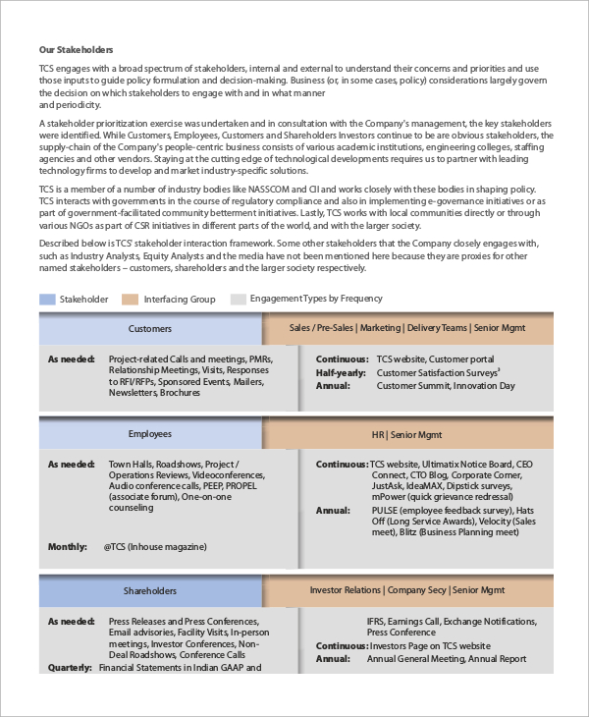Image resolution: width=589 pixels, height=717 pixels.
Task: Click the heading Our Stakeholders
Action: click(76, 49)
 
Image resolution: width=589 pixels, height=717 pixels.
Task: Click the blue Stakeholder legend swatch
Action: click(47, 299)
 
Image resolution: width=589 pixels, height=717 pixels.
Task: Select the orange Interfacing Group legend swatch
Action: click(130, 299)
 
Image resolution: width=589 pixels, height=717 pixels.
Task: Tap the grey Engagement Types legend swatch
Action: click(238, 299)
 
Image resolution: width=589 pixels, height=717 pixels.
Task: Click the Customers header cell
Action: click(150, 329)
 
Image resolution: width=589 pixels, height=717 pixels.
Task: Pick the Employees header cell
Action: click(150, 433)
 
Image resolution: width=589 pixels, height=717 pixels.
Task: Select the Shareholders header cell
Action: click(150, 590)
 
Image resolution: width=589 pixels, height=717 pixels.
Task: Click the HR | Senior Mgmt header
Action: click(406, 433)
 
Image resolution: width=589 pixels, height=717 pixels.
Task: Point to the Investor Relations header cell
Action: click(406, 590)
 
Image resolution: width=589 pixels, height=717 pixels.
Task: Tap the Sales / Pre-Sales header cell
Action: click(406, 329)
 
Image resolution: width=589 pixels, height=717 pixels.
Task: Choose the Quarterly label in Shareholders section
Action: click(70, 667)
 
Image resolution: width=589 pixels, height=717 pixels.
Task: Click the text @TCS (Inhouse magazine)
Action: click(155, 546)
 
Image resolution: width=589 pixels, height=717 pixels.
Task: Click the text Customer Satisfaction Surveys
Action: click(437, 373)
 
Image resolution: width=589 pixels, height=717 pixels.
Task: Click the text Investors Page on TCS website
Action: click(429, 645)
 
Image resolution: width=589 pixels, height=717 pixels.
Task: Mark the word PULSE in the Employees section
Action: click(386, 511)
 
